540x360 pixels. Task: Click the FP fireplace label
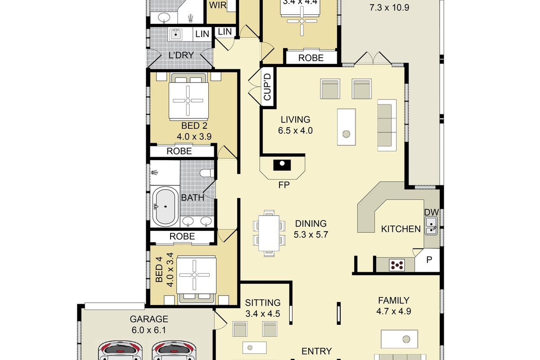[284, 185]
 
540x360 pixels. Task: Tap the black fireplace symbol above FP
[282, 165]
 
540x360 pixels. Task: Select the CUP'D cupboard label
[268, 87]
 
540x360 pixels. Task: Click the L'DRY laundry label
[181, 55]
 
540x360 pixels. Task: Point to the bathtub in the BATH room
[165, 207]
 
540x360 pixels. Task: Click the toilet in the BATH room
[207, 173]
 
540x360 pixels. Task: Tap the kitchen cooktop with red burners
[397, 265]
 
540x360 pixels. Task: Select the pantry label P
[429, 260]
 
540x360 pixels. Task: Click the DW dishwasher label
[431, 212]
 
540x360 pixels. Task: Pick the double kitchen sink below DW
[431, 226]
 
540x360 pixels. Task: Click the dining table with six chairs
[269, 233]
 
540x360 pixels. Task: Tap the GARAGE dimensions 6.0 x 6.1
[149, 330]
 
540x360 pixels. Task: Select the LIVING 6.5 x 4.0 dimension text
[295, 130]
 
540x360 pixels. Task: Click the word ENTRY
[316, 351]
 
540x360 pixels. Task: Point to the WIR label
[218, 5]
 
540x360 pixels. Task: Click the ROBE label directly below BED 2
[179, 151]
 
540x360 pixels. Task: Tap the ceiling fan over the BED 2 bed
[188, 100]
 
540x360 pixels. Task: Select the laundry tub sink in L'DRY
[176, 35]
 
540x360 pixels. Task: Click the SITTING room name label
[263, 302]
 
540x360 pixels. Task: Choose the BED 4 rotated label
[159, 270]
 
